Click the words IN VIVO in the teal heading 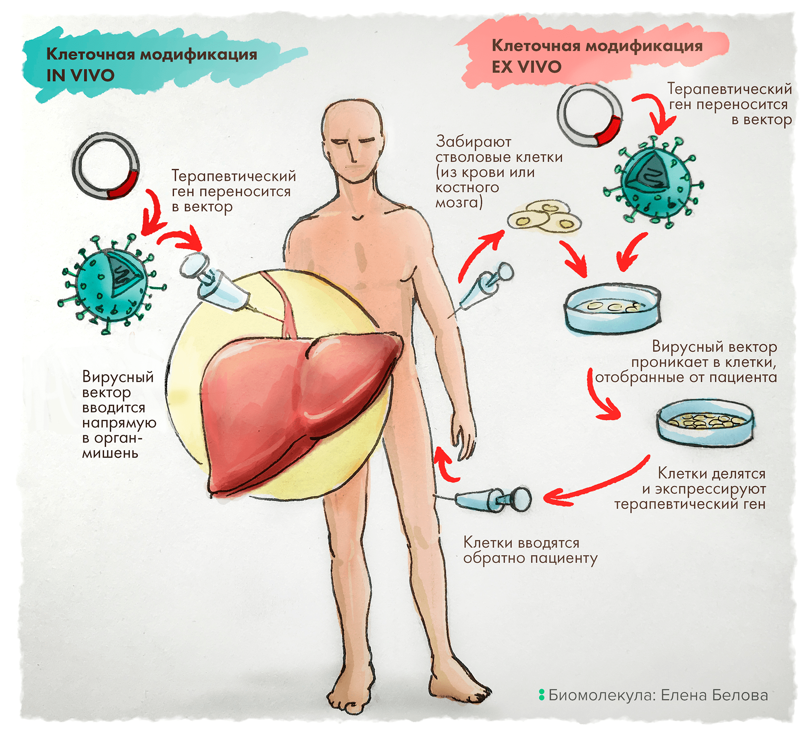coord(80,76)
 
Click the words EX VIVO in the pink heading coord(526,67)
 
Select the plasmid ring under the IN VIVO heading coord(106,166)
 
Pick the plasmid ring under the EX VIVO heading coord(589,116)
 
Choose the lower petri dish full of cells coord(705,423)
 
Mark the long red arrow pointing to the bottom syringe coord(595,484)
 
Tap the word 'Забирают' coord(473,142)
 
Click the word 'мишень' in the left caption coord(110,453)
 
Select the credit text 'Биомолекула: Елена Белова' coord(657,695)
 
